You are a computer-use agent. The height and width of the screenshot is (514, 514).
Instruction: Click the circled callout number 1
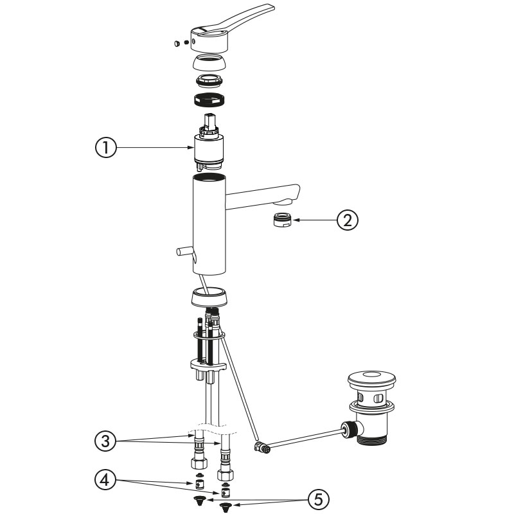tap(106, 148)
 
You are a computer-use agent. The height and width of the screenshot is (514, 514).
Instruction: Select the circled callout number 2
tap(348, 220)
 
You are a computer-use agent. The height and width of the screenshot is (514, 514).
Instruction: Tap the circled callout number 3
tap(105, 441)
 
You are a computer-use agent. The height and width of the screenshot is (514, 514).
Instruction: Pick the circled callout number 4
tap(105, 481)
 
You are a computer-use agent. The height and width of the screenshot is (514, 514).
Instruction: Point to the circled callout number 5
tap(318, 501)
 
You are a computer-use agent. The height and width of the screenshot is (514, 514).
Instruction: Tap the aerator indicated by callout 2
tap(283, 219)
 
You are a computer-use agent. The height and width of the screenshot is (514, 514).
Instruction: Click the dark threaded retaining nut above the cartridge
tap(209, 100)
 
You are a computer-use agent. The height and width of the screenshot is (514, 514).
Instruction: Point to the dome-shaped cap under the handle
tap(209, 62)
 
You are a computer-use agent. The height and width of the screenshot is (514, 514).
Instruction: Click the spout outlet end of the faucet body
tap(288, 196)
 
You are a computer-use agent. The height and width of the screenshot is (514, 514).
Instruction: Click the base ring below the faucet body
tap(209, 297)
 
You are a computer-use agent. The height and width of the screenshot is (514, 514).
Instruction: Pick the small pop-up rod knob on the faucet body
tap(184, 251)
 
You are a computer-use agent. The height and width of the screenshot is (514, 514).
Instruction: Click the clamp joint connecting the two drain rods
tap(261, 448)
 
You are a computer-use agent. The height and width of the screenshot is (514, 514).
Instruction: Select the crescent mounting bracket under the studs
tap(208, 365)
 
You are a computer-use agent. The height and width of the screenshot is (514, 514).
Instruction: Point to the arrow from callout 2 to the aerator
tap(314, 220)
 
